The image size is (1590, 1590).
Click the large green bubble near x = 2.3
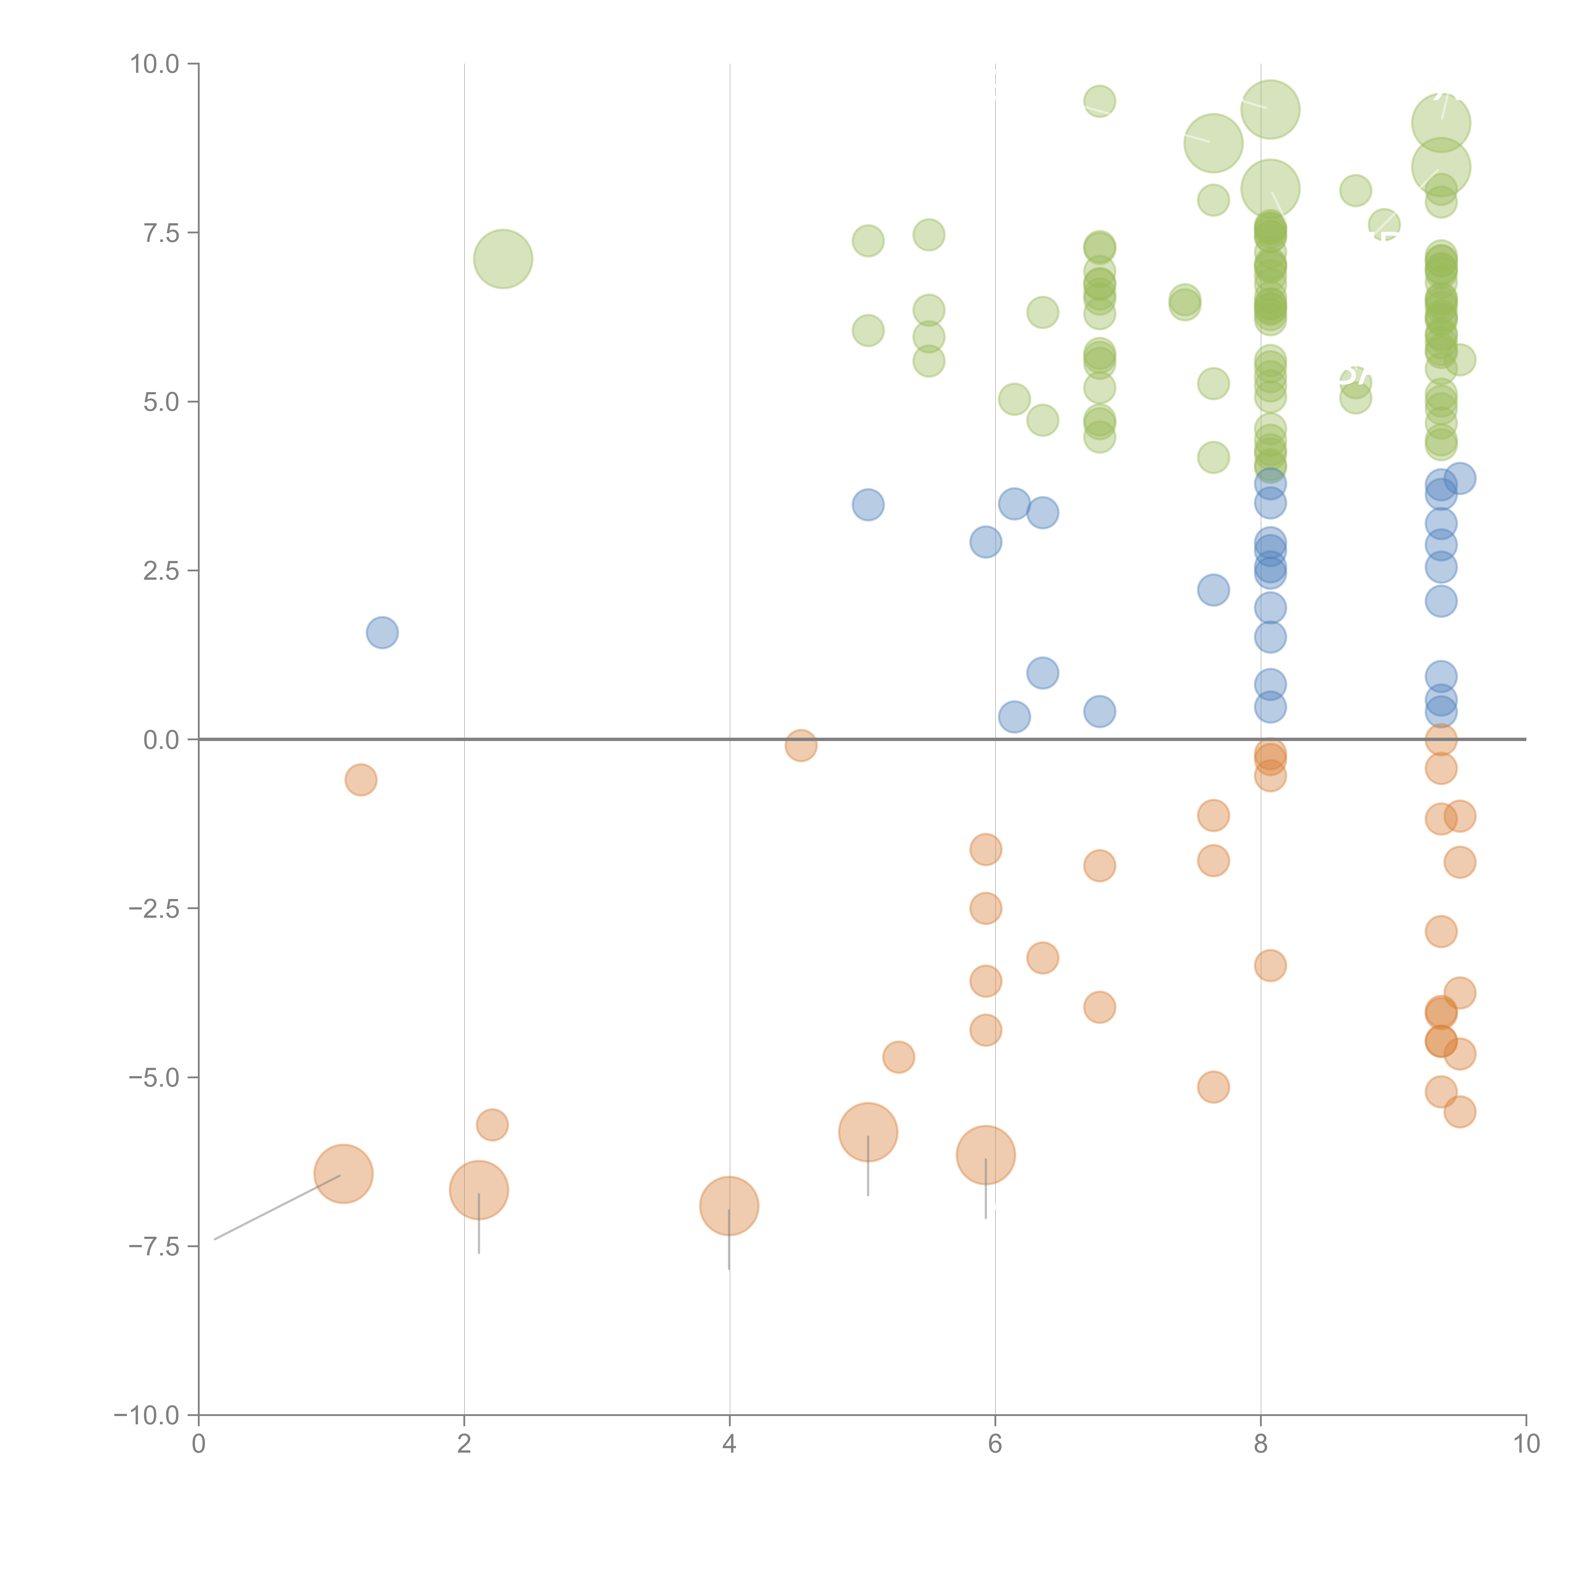pyautogui.click(x=503, y=259)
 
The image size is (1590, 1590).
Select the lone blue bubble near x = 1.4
pyautogui.click(x=382, y=632)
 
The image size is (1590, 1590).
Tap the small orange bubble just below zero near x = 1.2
pyautogui.click(x=361, y=779)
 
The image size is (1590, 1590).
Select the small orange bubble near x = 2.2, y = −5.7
pyautogui.click(x=492, y=1124)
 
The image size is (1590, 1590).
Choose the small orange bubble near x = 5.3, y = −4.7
pyautogui.click(x=898, y=1057)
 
